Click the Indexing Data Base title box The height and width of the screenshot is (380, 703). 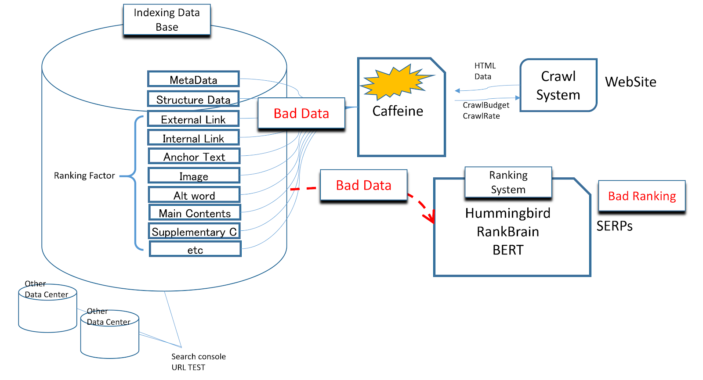tap(167, 20)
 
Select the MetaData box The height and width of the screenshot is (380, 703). tap(193, 79)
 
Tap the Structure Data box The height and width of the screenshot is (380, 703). tap(193, 99)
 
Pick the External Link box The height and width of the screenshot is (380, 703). tap(193, 119)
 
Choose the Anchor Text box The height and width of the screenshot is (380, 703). tap(194, 156)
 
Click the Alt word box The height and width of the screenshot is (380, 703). tap(194, 195)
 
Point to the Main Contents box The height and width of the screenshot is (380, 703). tap(195, 213)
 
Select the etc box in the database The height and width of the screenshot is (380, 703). tap(195, 249)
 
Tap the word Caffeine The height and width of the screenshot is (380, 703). tap(398, 111)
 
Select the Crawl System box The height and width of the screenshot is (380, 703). tap(558, 85)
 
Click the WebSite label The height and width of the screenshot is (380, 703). tap(631, 82)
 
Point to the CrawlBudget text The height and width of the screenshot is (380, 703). tap(486, 105)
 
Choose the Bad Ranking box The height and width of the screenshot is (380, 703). tap(642, 196)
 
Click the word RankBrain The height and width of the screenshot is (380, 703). tap(508, 231)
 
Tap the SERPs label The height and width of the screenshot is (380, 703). tap(614, 226)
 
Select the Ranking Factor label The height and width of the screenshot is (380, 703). tap(84, 176)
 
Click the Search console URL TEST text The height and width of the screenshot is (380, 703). tap(198, 362)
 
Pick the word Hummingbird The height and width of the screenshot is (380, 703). tap(508, 213)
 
